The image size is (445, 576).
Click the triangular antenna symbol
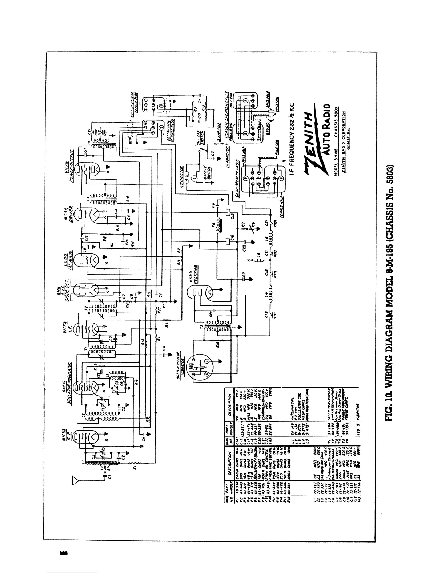click(75, 481)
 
